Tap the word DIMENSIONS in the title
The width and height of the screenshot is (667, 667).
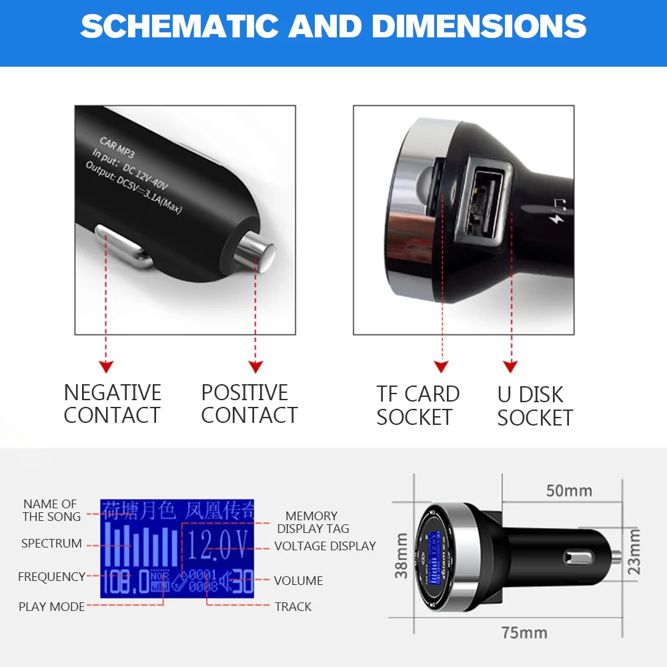479,27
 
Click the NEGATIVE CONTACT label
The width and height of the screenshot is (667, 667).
112,404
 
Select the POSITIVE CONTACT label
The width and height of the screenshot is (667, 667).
249,404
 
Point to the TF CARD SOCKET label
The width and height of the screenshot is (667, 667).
418,405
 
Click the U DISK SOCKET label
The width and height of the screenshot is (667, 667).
535,406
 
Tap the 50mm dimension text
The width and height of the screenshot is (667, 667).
569,491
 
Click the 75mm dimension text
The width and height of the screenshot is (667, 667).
524,632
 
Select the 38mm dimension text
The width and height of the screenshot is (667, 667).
402,555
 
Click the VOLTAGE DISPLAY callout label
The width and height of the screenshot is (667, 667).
325,546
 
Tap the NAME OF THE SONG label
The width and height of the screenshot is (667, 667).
51,510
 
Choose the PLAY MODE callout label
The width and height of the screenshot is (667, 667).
51,606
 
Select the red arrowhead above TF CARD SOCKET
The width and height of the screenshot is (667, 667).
441,367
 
